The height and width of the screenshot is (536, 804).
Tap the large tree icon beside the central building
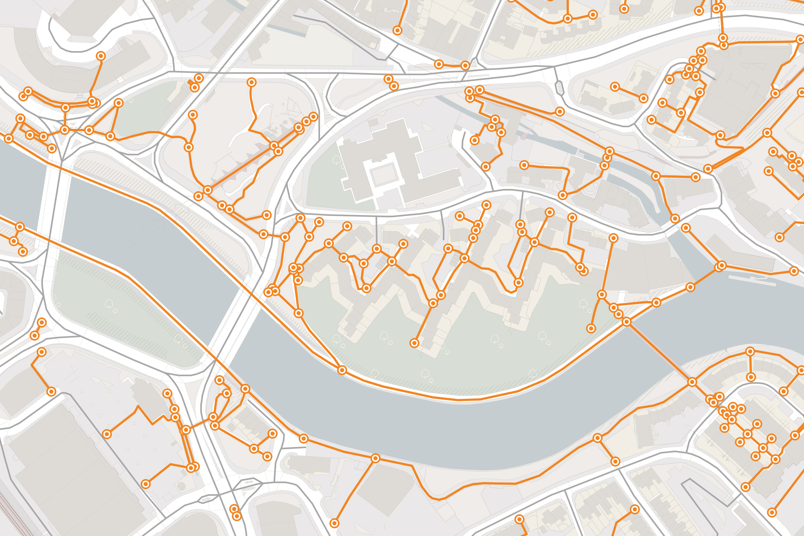336,159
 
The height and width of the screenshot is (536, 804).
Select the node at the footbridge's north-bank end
627,321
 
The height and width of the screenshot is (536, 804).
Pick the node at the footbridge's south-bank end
692,382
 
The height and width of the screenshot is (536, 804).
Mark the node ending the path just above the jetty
794,271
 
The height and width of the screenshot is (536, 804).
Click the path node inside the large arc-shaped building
100,56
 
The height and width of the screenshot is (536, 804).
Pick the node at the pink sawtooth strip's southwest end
208,190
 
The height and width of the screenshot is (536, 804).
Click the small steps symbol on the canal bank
580,155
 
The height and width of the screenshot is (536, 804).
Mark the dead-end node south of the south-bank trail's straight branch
334,523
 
